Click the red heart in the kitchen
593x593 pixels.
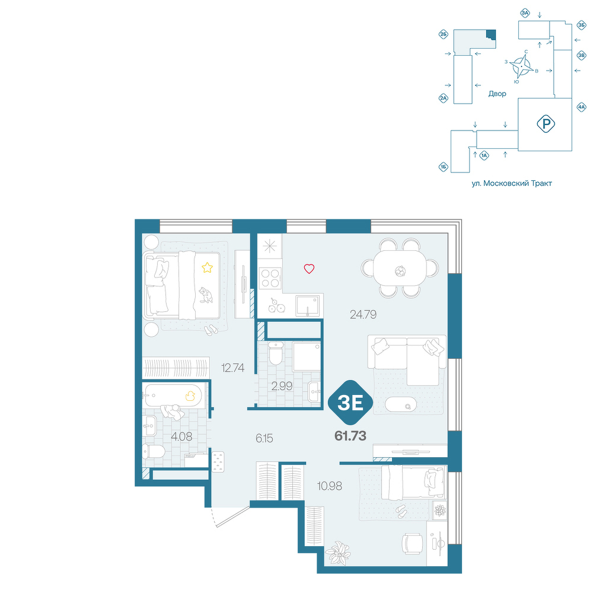309,269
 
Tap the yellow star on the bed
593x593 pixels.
207,268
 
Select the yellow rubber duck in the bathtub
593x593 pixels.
190,396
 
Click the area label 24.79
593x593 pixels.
363,314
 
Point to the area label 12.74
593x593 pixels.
232,368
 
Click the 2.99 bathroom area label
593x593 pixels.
282,386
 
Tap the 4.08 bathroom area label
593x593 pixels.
181,437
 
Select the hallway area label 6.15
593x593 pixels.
264,438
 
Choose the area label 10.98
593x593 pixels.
329,486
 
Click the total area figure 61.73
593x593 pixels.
350,436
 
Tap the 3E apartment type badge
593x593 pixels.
350,403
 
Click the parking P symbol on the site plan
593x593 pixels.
546,124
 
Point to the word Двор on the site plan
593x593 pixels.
497,94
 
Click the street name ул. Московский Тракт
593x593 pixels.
512,183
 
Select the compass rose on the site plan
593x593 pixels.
521,66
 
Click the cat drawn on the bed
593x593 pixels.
205,295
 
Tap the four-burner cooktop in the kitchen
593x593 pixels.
270,278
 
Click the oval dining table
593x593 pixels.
400,268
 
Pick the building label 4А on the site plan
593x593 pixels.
581,107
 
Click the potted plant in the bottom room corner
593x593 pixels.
339,553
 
